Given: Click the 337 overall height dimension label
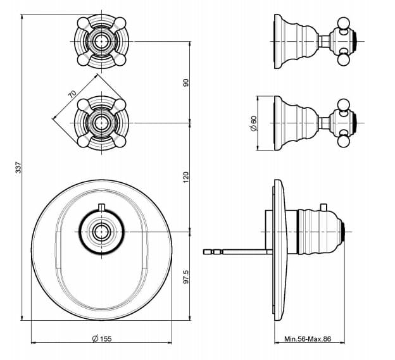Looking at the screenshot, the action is point(18,168).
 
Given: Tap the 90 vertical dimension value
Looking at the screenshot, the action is point(185,83).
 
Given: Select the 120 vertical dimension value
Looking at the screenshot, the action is point(185,177).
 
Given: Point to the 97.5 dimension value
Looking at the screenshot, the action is point(185,276).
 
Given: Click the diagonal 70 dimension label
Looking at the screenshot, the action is point(72,94).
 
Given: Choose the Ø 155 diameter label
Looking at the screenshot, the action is point(102,338).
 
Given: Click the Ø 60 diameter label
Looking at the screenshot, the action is point(254,123).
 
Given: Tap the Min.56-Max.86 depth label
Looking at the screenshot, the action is point(308,339).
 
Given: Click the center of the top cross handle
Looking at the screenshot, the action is point(101,41).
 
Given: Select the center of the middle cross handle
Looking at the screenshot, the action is point(101,123).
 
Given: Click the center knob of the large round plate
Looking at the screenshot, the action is point(101,232).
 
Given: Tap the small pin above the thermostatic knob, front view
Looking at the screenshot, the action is point(101,206).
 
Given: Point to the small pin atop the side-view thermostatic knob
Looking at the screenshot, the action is point(323,207).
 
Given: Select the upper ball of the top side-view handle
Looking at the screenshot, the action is point(343,23).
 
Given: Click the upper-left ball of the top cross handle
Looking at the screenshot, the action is point(82,22).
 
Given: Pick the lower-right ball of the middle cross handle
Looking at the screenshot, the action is point(120,142).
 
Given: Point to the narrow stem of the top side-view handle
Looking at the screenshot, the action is point(324,41).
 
